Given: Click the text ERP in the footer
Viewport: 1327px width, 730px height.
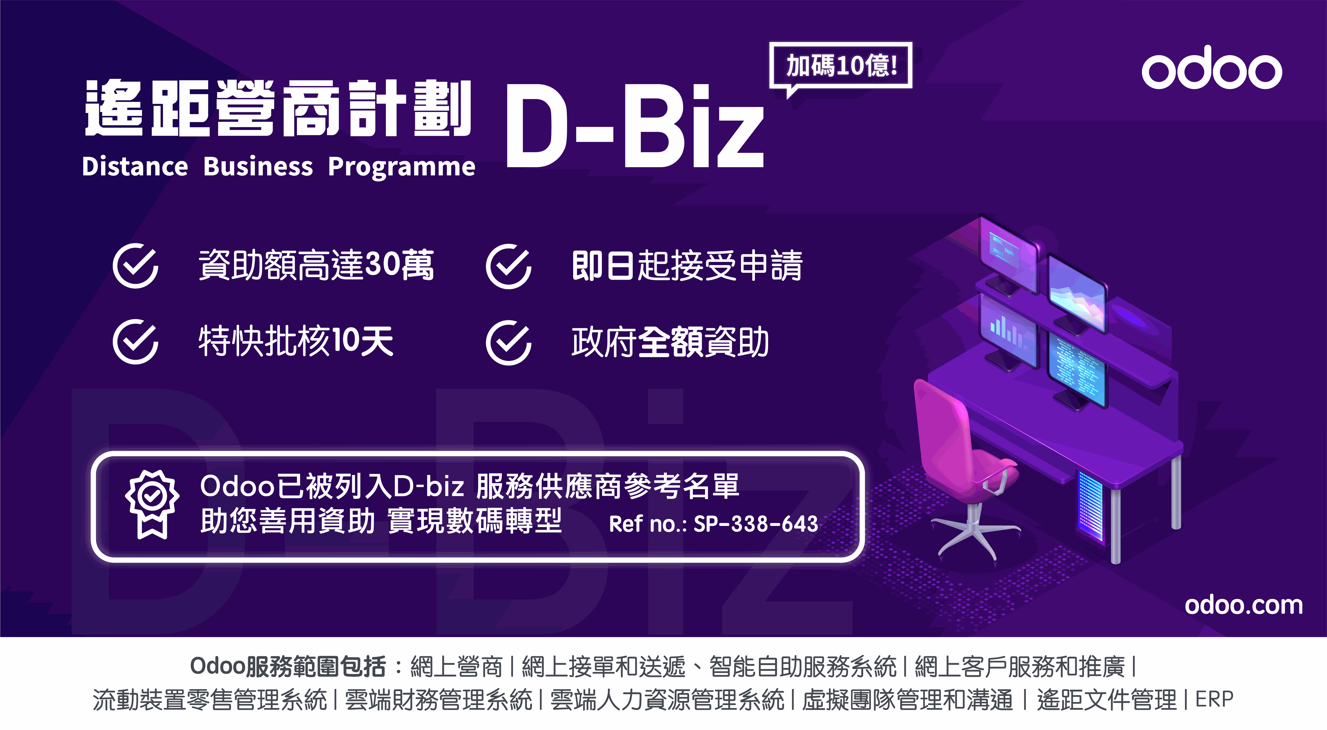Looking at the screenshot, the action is (x=1214, y=699).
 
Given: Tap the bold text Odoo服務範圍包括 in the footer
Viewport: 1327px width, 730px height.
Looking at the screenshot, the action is (x=287, y=667).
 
